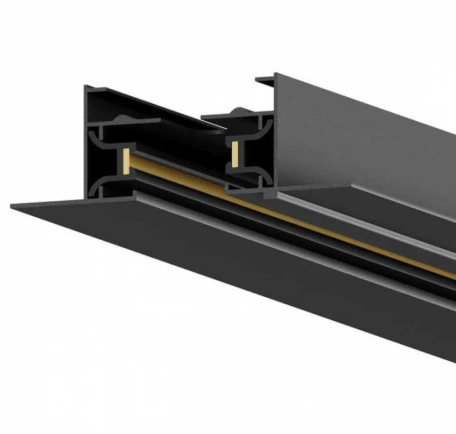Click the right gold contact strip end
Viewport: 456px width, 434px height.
232,150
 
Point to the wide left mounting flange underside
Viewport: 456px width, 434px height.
195,261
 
